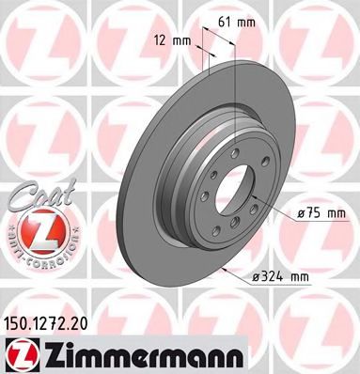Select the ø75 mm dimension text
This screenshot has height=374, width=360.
(321, 215)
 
